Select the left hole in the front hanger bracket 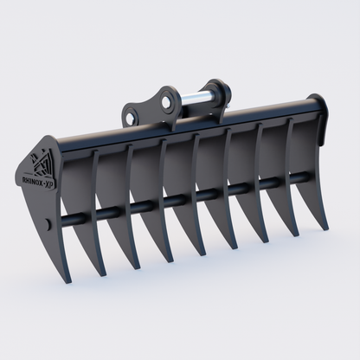(134, 112)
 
